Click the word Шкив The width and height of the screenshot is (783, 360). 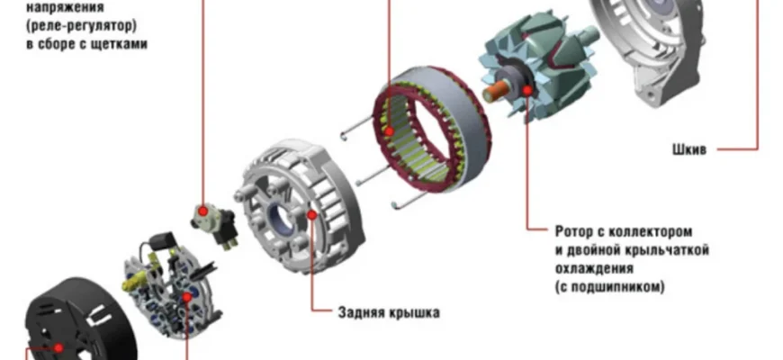point(689,149)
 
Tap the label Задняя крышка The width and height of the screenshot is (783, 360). point(389,312)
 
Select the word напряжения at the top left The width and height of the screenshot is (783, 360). point(65,7)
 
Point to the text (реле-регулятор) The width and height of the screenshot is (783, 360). point(81,25)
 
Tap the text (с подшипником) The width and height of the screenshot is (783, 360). point(609,287)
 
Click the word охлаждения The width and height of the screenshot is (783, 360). point(594,268)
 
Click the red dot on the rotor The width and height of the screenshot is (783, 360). point(526,90)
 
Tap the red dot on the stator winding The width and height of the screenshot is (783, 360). point(389,131)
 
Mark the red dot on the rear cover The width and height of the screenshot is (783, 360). point(312,215)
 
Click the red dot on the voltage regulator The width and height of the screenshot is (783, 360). point(202,211)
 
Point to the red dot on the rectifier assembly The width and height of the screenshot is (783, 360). point(187,298)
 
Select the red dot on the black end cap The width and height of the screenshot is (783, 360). point(58,347)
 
